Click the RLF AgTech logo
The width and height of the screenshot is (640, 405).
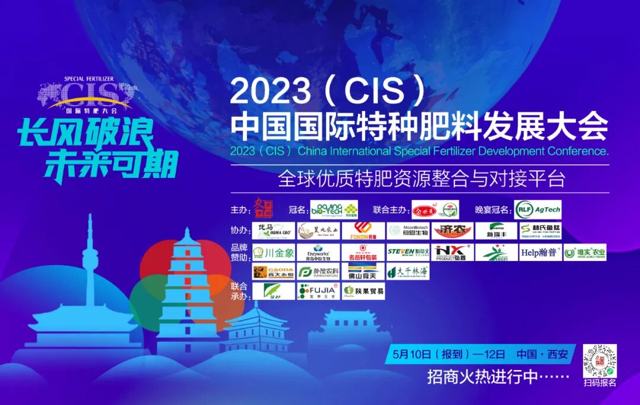(x=537, y=209)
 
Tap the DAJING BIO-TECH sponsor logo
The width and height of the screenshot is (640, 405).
(x=334, y=209)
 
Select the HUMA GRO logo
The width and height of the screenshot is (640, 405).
(x=274, y=231)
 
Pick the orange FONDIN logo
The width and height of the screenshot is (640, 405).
(x=363, y=231)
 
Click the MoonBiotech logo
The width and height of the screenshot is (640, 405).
(x=408, y=231)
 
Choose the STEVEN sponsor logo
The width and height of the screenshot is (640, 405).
(x=408, y=253)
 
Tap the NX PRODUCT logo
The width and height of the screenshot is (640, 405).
(x=452, y=253)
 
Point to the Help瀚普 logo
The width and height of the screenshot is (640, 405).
(x=539, y=253)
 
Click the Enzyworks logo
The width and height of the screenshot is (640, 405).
(x=318, y=253)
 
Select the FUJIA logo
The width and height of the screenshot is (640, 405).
(x=318, y=291)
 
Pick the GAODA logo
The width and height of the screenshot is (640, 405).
(x=274, y=272)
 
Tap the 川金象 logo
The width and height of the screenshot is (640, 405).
(x=274, y=253)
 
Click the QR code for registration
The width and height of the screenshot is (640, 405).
(x=600, y=360)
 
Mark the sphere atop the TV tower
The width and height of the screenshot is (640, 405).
(x=90, y=259)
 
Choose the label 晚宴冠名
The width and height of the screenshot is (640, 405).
(x=492, y=210)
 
